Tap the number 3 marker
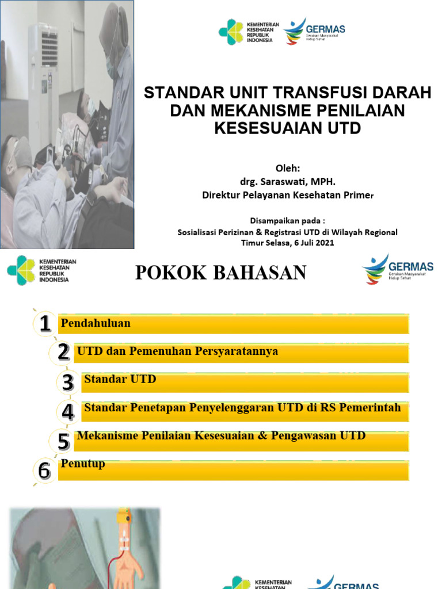tap(68, 382)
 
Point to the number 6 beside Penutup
tap(44, 471)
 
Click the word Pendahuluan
tap(96, 324)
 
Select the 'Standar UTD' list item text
tap(120, 380)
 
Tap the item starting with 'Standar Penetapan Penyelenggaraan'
tap(242, 408)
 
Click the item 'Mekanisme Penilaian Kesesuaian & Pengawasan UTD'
tap(221, 436)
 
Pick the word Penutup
tap(83, 464)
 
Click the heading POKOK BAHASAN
tap(221, 273)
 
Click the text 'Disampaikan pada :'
tap(287, 221)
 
